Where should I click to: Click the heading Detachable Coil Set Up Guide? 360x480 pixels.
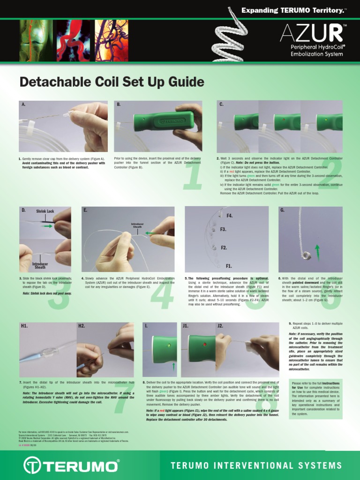(x=112, y=82)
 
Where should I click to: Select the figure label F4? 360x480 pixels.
(x=229, y=216)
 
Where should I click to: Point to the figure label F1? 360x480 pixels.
(x=229, y=266)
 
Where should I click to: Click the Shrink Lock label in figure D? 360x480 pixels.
(x=45, y=211)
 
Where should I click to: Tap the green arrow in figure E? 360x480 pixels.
(x=151, y=232)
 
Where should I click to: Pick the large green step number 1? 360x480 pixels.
(x=192, y=175)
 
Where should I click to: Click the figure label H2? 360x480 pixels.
(x=82, y=325)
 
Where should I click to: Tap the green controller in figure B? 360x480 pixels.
(x=163, y=121)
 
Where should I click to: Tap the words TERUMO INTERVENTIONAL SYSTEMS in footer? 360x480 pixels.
(x=256, y=465)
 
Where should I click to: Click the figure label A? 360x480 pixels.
(x=23, y=105)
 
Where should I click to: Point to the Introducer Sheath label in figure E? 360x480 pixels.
(x=137, y=225)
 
